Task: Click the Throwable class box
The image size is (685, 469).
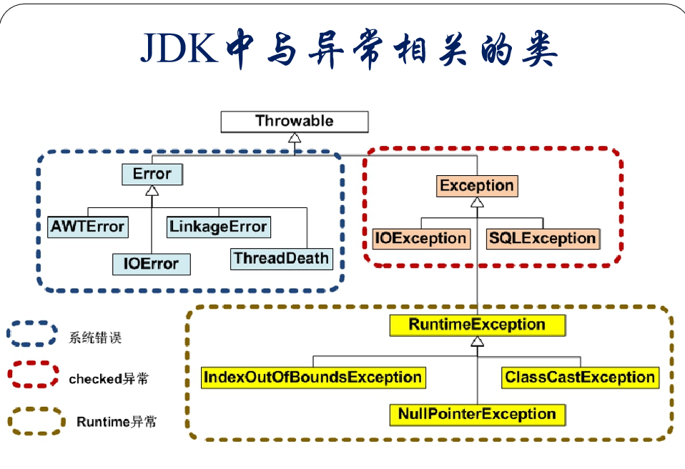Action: (295, 122)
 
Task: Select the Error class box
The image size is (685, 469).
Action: (152, 174)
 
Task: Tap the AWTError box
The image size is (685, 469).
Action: (88, 227)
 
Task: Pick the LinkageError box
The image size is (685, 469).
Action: (218, 227)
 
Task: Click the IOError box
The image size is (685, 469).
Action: (151, 265)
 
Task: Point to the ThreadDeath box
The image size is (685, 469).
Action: (281, 259)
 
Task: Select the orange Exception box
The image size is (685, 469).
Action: (477, 186)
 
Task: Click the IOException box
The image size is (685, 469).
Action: (421, 239)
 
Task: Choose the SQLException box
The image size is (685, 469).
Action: (543, 239)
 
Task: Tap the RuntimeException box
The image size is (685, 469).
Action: (478, 325)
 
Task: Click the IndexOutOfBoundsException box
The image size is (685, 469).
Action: (313, 377)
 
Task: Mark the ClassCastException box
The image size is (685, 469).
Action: (580, 377)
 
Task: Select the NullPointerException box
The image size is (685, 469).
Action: (478, 415)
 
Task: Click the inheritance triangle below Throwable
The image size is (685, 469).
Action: (295, 137)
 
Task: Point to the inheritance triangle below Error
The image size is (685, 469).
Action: (152, 190)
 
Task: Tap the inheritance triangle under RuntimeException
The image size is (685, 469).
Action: (478, 342)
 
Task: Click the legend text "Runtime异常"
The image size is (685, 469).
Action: (117, 422)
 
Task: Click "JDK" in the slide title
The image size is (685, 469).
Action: (179, 48)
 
